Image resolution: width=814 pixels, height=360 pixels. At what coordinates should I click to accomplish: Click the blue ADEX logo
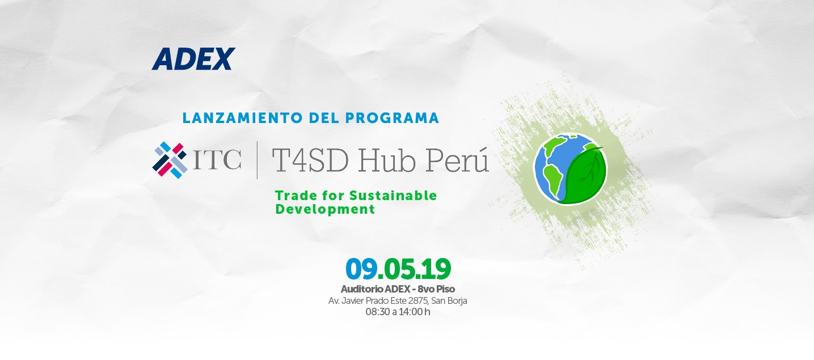click(x=193, y=58)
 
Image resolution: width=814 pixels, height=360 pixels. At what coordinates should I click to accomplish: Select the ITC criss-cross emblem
click(x=170, y=160)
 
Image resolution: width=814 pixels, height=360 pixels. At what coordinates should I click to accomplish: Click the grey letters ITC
click(x=217, y=160)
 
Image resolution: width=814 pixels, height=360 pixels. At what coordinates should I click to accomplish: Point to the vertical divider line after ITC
click(x=258, y=160)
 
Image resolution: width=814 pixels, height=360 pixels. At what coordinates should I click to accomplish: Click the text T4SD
click(x=310, y=160)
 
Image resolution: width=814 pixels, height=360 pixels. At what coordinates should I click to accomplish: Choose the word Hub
click(x=387, y=160)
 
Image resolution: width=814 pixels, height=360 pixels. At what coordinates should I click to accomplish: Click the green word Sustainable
click(x=393, y=196)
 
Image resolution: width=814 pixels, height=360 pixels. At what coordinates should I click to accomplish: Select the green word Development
click(x=325, y=209)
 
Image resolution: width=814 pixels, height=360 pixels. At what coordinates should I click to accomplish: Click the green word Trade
click(x=296, y=196)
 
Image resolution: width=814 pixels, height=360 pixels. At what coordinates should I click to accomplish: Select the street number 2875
click(x=418, y=301)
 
